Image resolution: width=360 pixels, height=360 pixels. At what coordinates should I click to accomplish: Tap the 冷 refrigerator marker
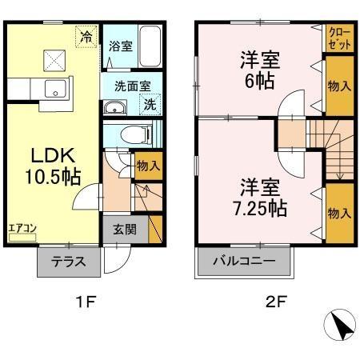[85, 36]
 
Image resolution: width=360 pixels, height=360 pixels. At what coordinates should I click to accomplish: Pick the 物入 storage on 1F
[149, 166]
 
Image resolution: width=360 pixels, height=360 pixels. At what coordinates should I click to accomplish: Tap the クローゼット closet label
[338, 37]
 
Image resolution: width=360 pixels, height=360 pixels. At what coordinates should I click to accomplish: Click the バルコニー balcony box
[244, 261]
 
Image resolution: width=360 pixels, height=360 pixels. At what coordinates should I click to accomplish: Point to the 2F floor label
[276, 302]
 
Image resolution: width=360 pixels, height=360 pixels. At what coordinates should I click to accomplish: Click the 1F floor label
[86, 302]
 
